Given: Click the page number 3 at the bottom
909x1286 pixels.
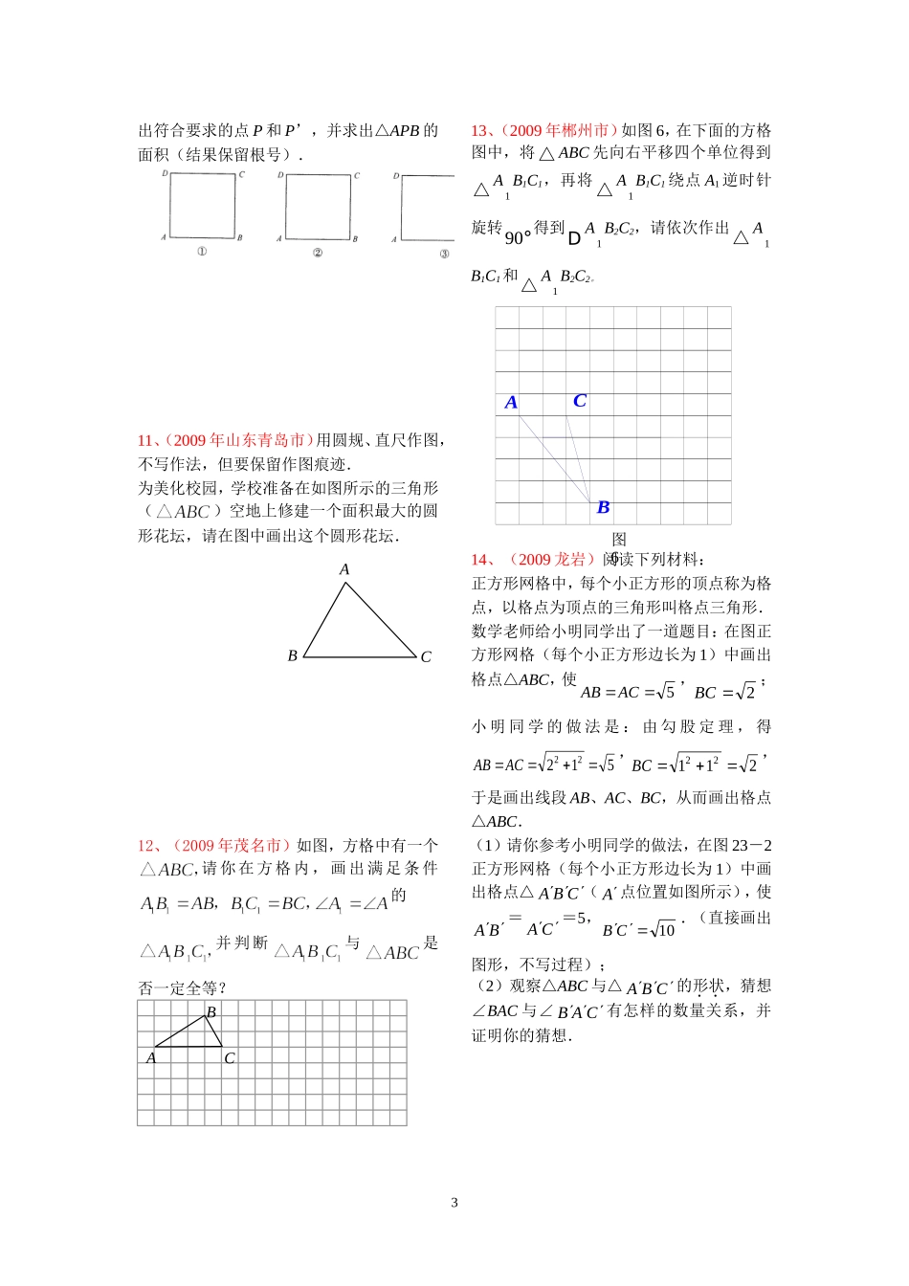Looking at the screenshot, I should click(454, 1203).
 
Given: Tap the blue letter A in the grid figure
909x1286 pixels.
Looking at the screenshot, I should click(511, 403).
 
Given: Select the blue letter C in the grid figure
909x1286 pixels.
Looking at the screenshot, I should click(579, 401).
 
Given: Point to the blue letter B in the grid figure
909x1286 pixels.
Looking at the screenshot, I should click(603, 507).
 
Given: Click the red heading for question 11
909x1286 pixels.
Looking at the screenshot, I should click(226, 440).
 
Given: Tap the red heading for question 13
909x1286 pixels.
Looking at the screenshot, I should click(545, 130).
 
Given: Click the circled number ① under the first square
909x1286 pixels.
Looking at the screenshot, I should click(202, 252).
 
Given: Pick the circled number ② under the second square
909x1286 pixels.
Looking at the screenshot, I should click(318, 253).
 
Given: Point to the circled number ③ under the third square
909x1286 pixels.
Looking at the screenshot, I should click(444, 254).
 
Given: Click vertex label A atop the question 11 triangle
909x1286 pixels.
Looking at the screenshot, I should click(344, 569).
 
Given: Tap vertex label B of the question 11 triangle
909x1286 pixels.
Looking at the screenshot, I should click(293, 655).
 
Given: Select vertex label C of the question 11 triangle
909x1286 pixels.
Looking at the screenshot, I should click(426, 656).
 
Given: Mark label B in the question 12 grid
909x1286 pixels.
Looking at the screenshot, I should click(211, 1011).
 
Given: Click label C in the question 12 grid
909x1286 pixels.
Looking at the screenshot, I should click(230, 1058).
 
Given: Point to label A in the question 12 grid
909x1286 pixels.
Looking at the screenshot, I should click(151, 1058).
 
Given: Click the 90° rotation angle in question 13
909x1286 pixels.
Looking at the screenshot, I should click(518, 237).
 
